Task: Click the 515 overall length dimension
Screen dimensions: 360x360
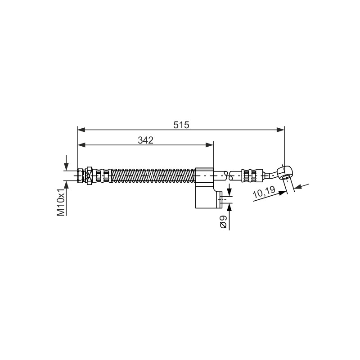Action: pyautogui.click(x=181, y=125)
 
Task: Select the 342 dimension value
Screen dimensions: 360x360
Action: pyautogui.click(x=145, y=140)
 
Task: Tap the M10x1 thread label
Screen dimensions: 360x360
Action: pyautogui.click(x=61, y=202)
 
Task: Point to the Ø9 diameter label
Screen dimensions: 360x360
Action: pyautogui.click(x=223, y=222)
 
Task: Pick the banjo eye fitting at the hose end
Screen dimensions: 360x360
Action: pyautogui.click(x=284, y=173)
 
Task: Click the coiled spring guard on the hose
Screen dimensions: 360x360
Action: pyautogui.click(x=153, y=175)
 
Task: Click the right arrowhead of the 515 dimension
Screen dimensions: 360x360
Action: pyautogui.click(x=280, y=130)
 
